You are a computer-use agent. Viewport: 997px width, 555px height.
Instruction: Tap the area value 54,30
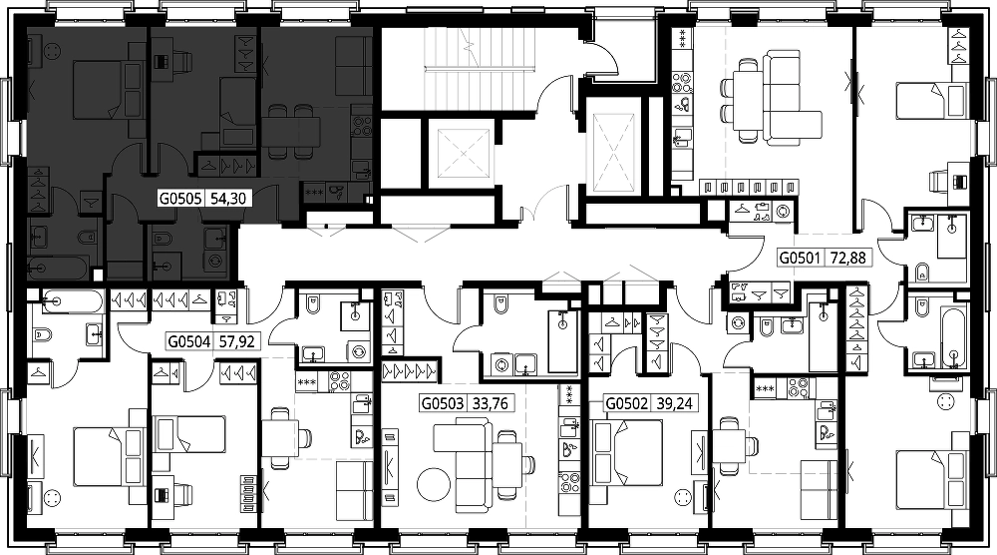pos(227,200)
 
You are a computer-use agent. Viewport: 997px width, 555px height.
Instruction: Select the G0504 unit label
pos(188,341)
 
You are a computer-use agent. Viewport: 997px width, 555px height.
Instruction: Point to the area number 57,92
pos(236,341)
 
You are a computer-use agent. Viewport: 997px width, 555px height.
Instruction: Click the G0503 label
pos(442,403)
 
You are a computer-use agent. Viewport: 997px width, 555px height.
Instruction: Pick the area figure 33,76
pos(491,403)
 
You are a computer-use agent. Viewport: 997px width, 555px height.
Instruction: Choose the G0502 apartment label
pos(626,403)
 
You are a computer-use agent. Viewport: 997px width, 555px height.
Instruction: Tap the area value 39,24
pos(675,403)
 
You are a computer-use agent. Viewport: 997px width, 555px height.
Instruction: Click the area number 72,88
pos(848,258)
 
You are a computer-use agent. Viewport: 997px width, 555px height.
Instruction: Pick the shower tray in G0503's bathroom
pos(562,341)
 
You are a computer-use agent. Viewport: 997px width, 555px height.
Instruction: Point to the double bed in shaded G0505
pos(101,90)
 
